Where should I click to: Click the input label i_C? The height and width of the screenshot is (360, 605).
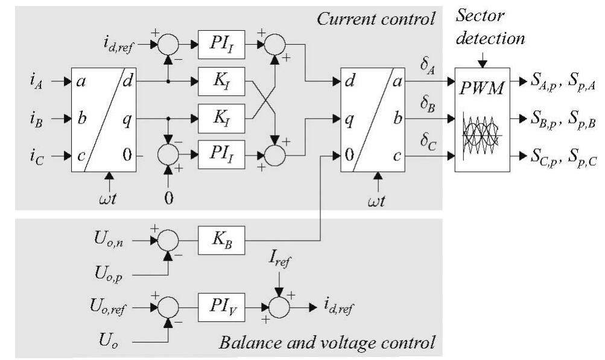click(34, 157)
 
